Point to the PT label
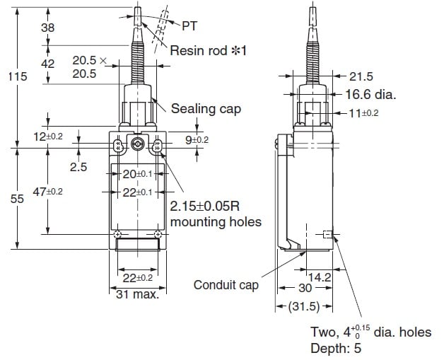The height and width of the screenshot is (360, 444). pos(189,26)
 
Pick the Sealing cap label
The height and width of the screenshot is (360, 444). pos(206,108)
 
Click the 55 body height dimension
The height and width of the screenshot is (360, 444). pos(13,199)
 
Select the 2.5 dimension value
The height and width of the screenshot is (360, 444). pos(78,167)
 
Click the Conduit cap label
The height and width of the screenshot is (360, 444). pos(226,285)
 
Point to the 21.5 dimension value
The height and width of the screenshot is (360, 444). pos(361,76)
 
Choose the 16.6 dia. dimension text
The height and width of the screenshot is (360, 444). pos(370,94)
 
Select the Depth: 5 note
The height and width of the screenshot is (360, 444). pos(339,348)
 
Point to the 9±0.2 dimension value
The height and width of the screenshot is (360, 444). pos(197,140)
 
